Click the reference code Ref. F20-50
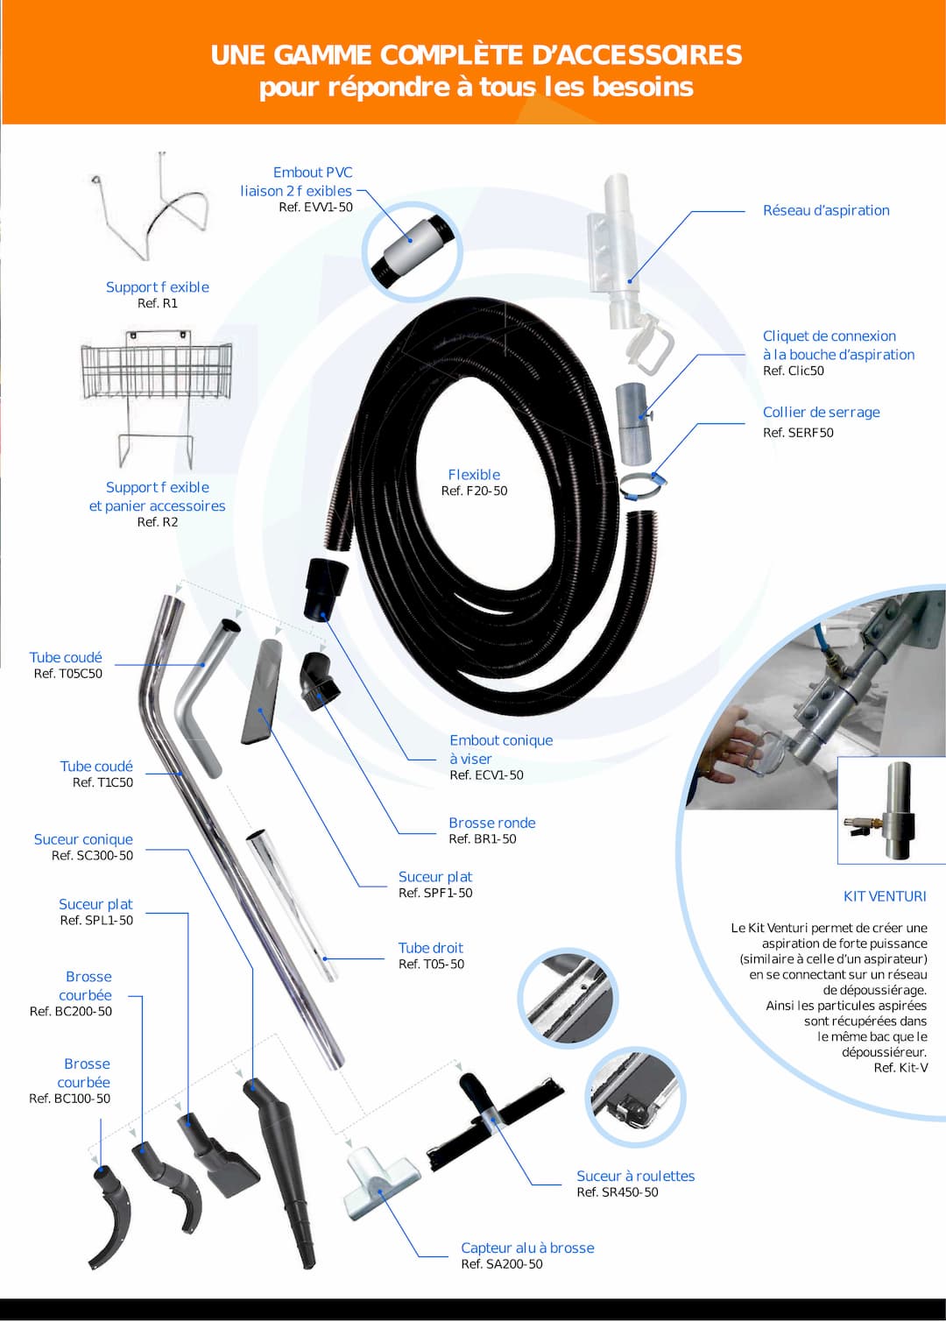pyautogui.click(x=474, y=491)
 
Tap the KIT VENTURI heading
pyautogui.click(x=884, y=896)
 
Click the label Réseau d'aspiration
pyautogui.click(x=825, y=210)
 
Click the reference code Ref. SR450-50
pyautogui.click(x=617, y=1192)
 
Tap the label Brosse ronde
pyautogui.click(x=491, y=823)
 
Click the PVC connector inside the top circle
pyautogui.click(x=412, y=251)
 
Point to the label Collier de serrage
pyautogui.click(x=821, y=413)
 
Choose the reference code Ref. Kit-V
pyautogui.click(x=900, y=1068)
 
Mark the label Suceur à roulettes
pyautogui.click(x=635, y=1176)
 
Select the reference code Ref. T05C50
pyautogui.click(x=67, y=674)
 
